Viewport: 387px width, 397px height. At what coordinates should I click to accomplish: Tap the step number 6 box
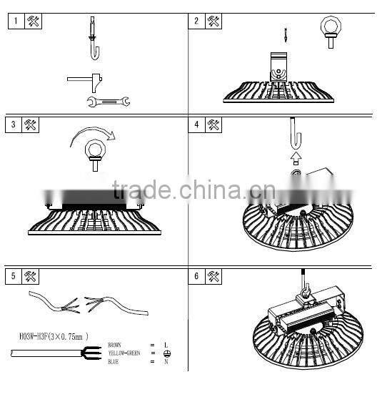(x=196, y=276)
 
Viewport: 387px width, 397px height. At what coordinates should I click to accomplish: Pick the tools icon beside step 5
(x=31, y=276)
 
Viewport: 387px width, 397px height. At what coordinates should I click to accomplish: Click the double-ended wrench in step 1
(x=108, y=102)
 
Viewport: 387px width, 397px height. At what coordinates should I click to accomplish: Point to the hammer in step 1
(x=86, y=79)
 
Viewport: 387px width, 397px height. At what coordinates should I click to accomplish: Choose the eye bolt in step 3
(x=94, y=153)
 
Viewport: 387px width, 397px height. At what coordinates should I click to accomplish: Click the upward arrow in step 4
(x=296, y=155)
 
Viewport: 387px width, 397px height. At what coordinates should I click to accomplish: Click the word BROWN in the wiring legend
(x=114, y=345)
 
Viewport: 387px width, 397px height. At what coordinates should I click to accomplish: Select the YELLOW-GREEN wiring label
(x=122, y=353)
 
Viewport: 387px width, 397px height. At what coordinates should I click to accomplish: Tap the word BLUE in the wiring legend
(x=113, y=362)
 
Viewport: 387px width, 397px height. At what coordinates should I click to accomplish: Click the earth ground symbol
(x=166, y=353)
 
